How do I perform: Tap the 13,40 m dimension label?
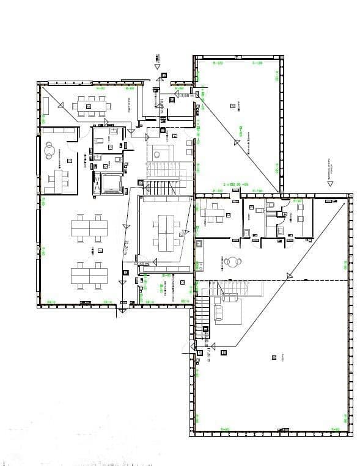tap(142, 264)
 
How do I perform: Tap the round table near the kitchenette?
tap(231, 261)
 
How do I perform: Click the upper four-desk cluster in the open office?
tap(89, 228)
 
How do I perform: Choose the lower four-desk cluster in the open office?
tap(89, 274)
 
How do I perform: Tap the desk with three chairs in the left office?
tap(59, 178)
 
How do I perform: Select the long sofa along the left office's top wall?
tap(59, 131)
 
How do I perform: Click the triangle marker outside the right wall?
tap(329, 182)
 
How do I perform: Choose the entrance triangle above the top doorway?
tap(158, 66)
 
